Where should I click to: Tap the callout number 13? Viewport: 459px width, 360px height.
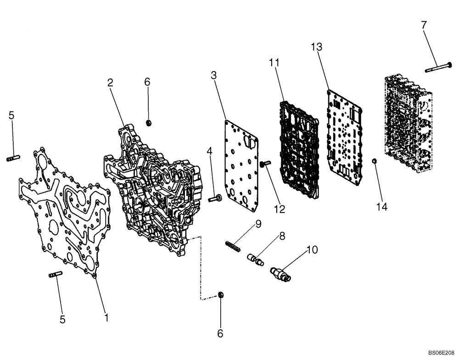[x=316, y=47]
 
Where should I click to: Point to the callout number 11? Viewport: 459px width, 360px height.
[x=274, y=62]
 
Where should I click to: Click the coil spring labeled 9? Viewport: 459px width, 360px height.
[x=234, y=246]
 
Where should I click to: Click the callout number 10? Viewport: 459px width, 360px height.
[x=312, y=250]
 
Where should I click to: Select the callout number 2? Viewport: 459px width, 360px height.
[x=110, y=83]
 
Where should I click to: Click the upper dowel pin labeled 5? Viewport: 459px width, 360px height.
[x=12, y=159]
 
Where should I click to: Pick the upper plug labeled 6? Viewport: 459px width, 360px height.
[x=148, y=122]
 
